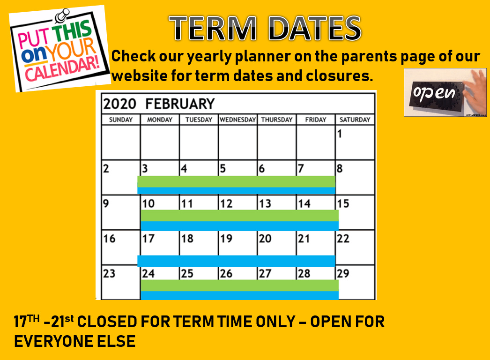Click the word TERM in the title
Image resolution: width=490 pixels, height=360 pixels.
point(213,29)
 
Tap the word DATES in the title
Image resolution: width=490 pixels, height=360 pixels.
point(315,29)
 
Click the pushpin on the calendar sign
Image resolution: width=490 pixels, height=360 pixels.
point(62,15)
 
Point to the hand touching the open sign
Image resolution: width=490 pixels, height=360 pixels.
point(475,91)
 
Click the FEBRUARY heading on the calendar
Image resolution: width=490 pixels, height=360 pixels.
point(180,104)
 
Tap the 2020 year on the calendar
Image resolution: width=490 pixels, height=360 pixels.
point(119,104)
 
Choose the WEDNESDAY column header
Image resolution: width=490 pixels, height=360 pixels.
point(238,120)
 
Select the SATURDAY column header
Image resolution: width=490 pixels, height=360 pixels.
point(355,120)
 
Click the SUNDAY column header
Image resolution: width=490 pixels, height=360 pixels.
point(120,120)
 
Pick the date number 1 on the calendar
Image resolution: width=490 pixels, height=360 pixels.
point(340,134)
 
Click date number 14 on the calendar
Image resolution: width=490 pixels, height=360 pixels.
point(304,203)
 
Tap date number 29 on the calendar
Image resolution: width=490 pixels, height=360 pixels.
point(343,273)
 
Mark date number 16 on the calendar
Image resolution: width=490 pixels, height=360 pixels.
point(109,239)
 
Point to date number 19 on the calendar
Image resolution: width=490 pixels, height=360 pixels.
point(226,239)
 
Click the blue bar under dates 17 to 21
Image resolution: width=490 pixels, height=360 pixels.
point(236,261)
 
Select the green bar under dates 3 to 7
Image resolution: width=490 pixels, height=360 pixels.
point(236,182)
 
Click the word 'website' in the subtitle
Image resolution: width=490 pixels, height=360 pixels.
point(139,76)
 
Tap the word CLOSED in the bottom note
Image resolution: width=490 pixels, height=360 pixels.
point(107,322)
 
